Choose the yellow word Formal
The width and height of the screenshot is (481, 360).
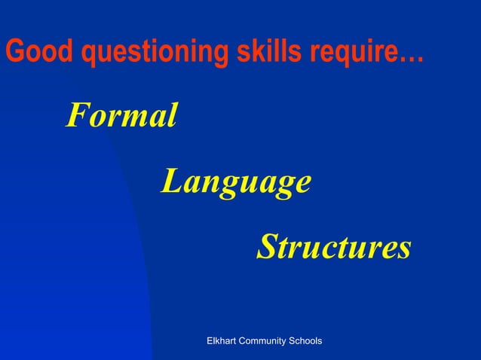pos(121,116)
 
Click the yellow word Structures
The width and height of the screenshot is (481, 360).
pos(333,247)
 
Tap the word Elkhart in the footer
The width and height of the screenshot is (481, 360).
pos(223,341)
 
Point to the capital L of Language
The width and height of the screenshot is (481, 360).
pos(171,182)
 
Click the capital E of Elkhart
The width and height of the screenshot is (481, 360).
pos(210,341)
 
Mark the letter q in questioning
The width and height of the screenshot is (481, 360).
pos(90,54)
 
